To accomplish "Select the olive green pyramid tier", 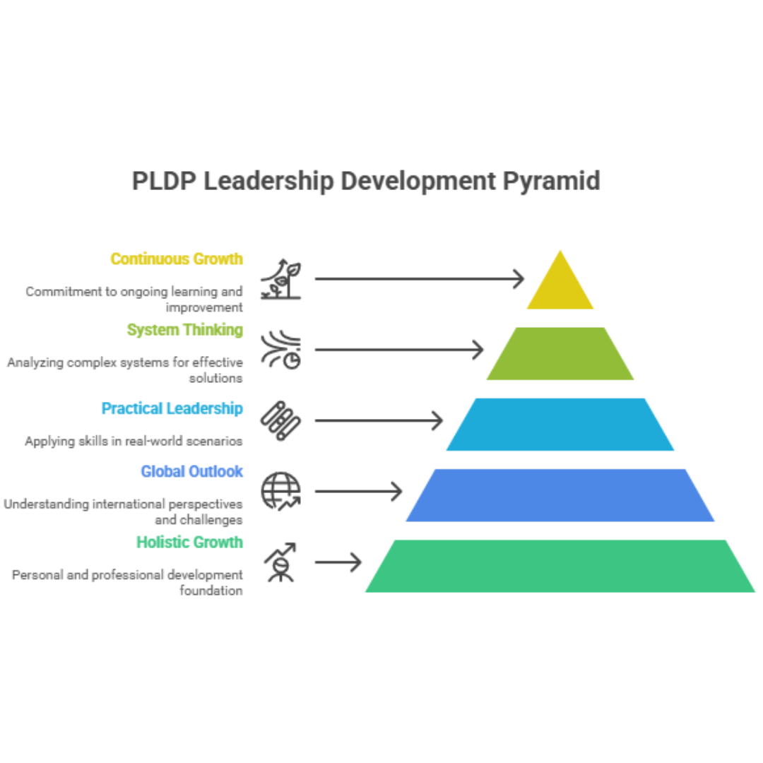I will click(x=560, y=354).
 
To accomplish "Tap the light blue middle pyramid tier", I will click(x=560, y=424).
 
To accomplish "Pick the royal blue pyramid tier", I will click(x=560, y=495).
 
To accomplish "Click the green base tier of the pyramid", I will click(x=560, y=566).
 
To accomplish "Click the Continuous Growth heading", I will click(x=177, y=259).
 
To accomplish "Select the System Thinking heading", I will click(x=185, y=330).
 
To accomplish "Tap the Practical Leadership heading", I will click(x=172, y=408).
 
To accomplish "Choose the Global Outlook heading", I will click(x=191, y=471).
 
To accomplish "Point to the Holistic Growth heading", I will click(x=189, y=542).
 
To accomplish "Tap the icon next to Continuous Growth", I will click(x=280, y=279).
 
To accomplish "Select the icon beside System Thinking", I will click(x=280, y=350).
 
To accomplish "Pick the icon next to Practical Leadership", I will click(x=280, y=421).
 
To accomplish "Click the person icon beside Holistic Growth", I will click(x=280, y=562).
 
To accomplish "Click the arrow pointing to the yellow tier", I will click(x=420, y=279).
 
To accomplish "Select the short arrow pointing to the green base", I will click(x=338, y=562).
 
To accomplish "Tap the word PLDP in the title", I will click(x=164, y=181).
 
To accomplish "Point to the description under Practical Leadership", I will click(x=134, y=441).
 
